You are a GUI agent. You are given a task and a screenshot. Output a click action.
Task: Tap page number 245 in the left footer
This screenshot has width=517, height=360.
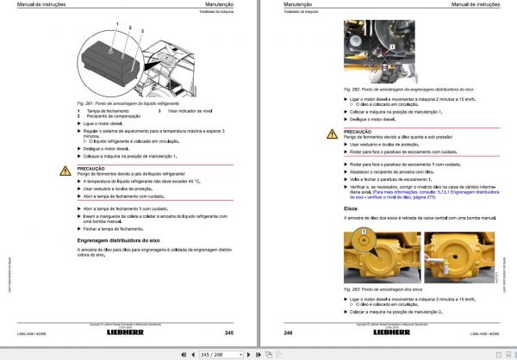228,332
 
